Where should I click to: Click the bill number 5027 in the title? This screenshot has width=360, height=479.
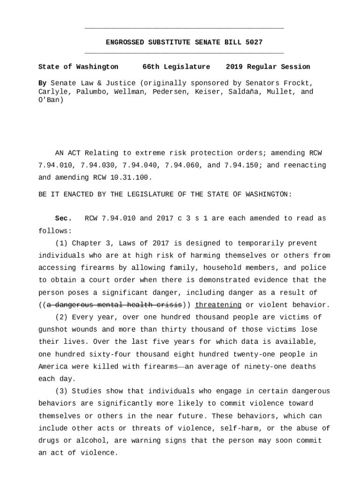pyautogui.click(x=254, y=43)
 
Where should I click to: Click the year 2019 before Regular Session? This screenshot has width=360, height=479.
pyautogui.click(x=234, y=67)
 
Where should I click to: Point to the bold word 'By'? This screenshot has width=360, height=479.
pyautogui.click(x=42, y=83)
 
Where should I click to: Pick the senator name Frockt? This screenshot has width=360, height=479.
pyautogui.click(x=300, y=83)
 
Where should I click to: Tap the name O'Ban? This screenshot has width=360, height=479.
pyautogui.click(x=50, y=100)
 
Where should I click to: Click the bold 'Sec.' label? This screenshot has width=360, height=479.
pyautogui.click(x=63, y=218)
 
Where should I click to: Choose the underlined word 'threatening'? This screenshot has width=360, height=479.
pyautogui.click(x=218, y=305)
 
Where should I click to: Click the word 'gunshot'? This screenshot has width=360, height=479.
pyautogui.click(x=52, y=329)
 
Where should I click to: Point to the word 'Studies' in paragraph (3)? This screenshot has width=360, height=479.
pyautogui.click(x=86, y=391)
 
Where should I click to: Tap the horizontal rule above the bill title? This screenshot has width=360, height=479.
pyautogui.click(x=184, y=29)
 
